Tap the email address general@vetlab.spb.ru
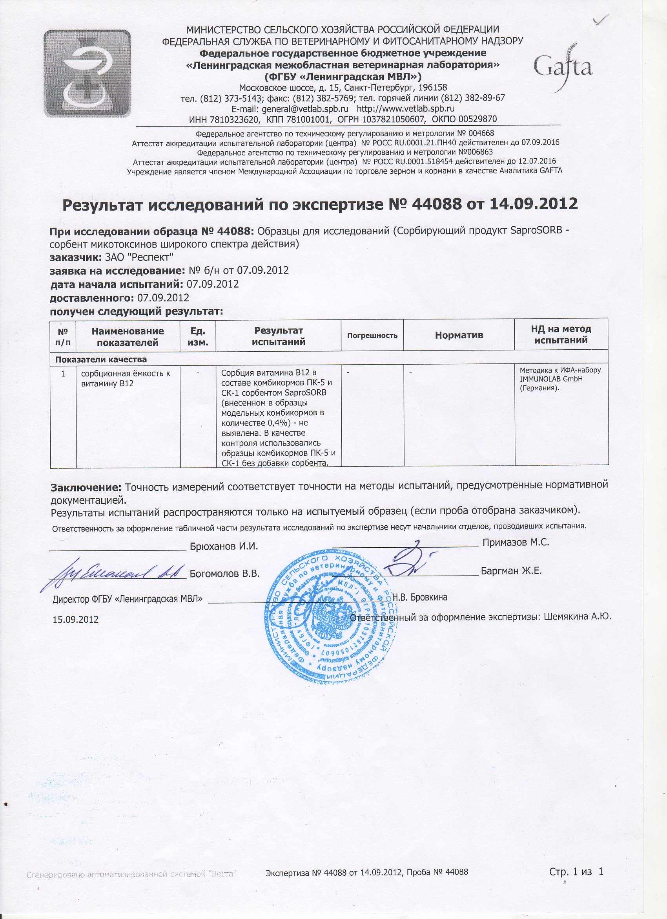pyautogui.click(x=290, y=108)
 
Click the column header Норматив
pyautogui.click(x=459, y=335)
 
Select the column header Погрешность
pyautogui.click(x=372, y=336)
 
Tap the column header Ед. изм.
pyautogui.click(x=198, y=336)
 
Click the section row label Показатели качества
pyautogui.click(x=101, y=360)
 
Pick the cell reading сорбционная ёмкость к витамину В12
pyautogui.click(x=126, y=378)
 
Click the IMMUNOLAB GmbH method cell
pyautogui.click(x=561, y=379)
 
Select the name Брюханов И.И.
pyautogui.click(x=224, y=547)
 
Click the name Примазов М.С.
pyautogui.click(x=516, y=542)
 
